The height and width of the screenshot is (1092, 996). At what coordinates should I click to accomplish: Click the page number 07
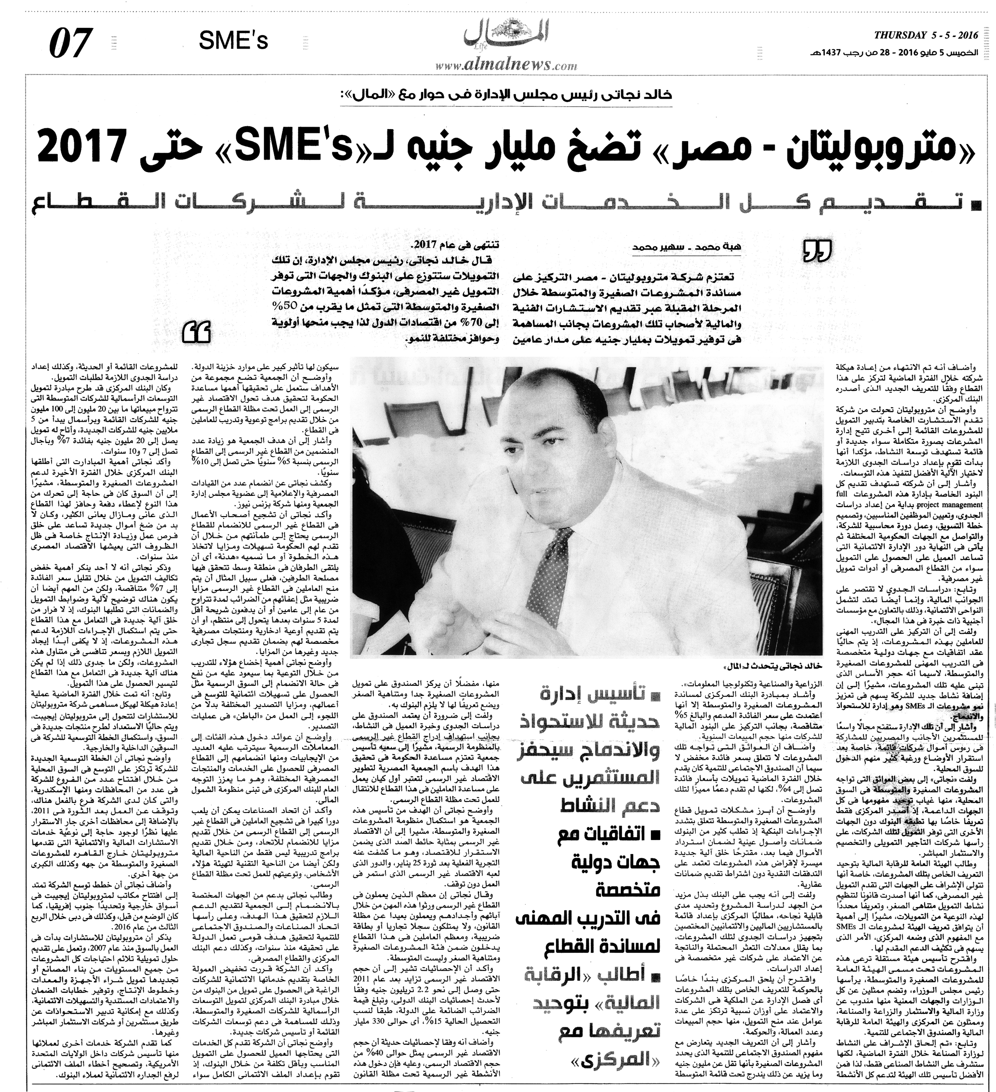pyautogui.click(x=69, y=43)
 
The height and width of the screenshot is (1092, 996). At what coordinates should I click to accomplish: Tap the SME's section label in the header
pyautogui.click(x=233, y=40)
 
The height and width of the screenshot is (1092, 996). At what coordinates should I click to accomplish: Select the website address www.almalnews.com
pyautogui.click(x=506, y=65)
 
